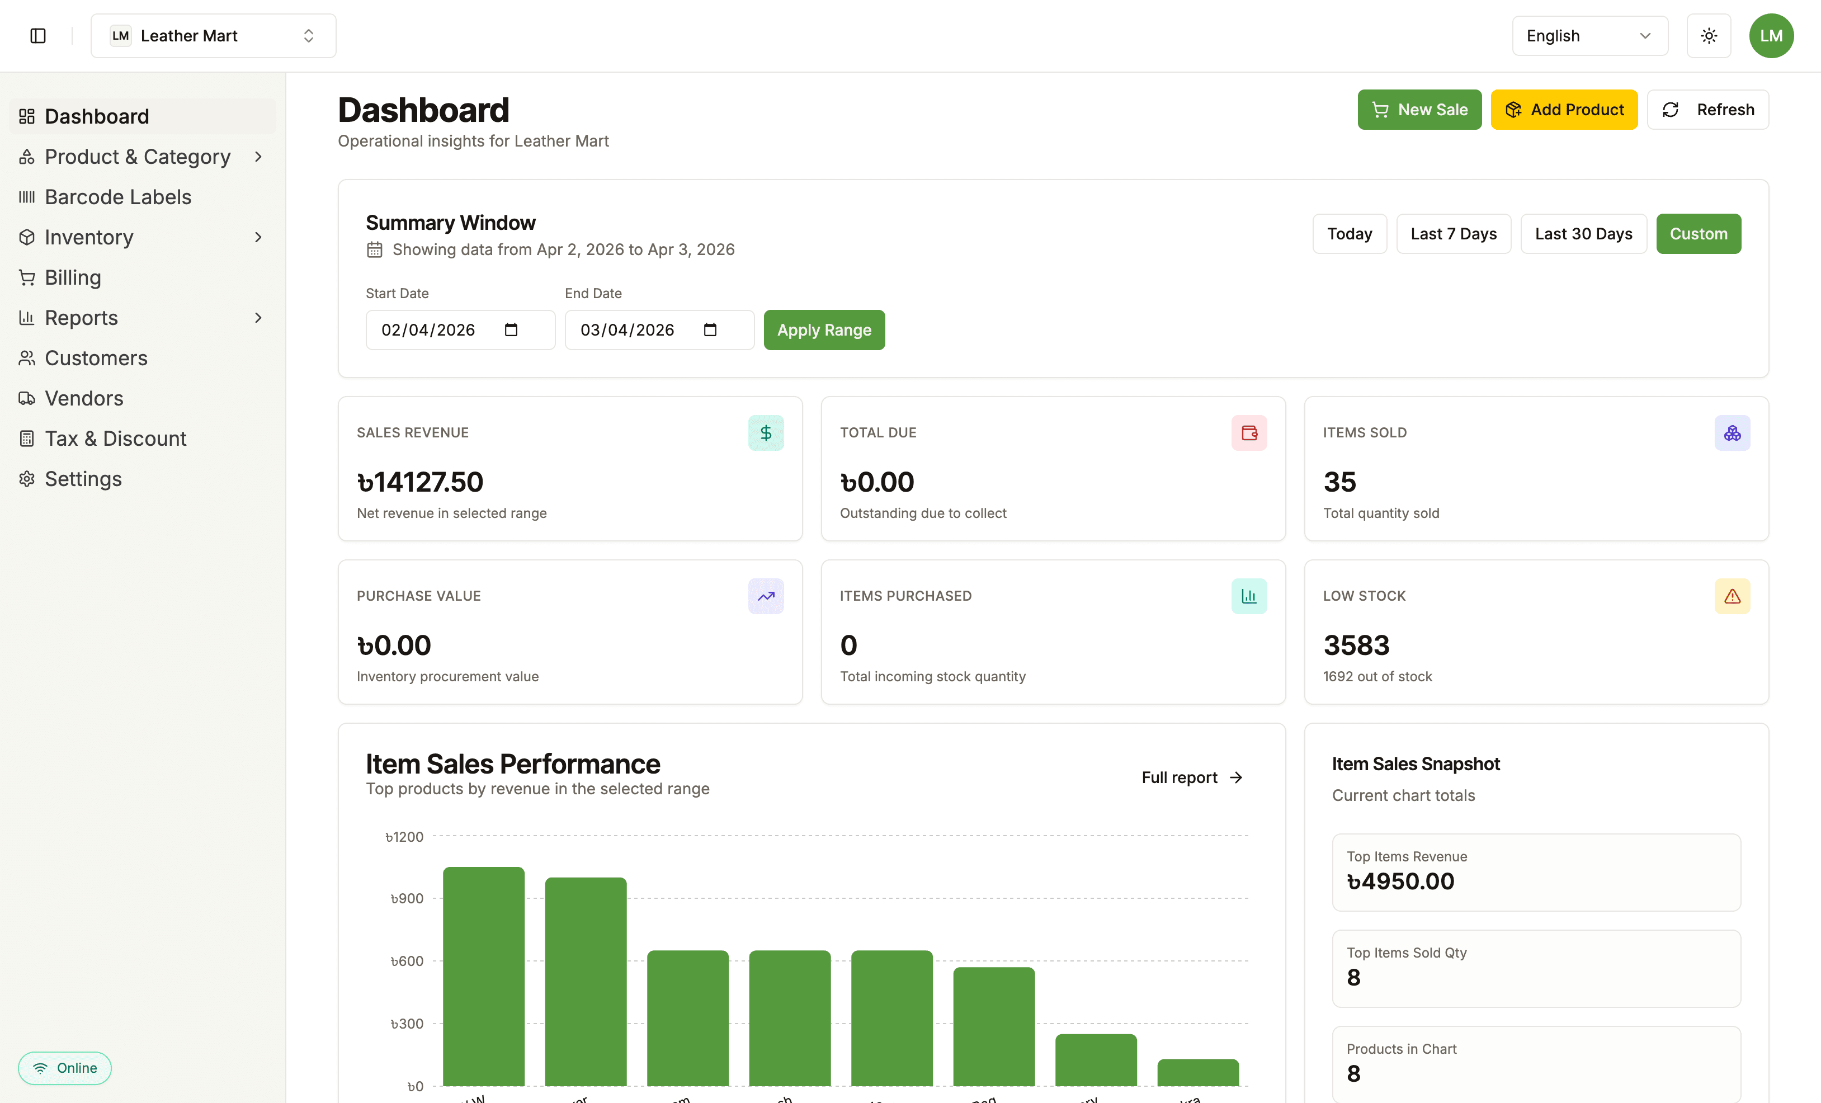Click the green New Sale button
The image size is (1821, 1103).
pyautogui.click(x=1419, y=110)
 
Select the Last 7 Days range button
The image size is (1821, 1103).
pyautogui.click(x=1453, y=234)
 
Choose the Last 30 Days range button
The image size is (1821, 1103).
pyautogui.click(x=1583, y=234)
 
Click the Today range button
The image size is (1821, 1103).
pyautogui.click(x=1349, y=234)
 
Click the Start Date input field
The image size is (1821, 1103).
pyautogui.click(x=436, y=329)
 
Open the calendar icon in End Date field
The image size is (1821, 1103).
pyautogui.click(x=710, y=329)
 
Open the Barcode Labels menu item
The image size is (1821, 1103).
pyautogui.click(x=118, y=197)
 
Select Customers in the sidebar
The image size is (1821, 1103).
pyautogui.click(x=96, y=358)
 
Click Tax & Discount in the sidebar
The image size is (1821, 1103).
pyautogui.click(x=115, y=439)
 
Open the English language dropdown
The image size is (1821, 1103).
pyautogui.click(x=1589, y=35)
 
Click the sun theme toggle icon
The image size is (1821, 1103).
pyautogui.click(x=1709, y=35)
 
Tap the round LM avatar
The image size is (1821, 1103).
pyautogui.click(x=1771, y=35)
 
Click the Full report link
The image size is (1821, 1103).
pyautogui.click(x=1191, y=777)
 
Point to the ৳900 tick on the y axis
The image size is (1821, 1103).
pyautogui.click(x=407, y=898)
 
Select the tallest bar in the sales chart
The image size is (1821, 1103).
pyautogui.click(x=483, y=976)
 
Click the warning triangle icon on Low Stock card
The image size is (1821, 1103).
pyautogui.click(x=1732, y=596)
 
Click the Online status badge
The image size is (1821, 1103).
pyautogui.click(x=65, y=1068)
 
